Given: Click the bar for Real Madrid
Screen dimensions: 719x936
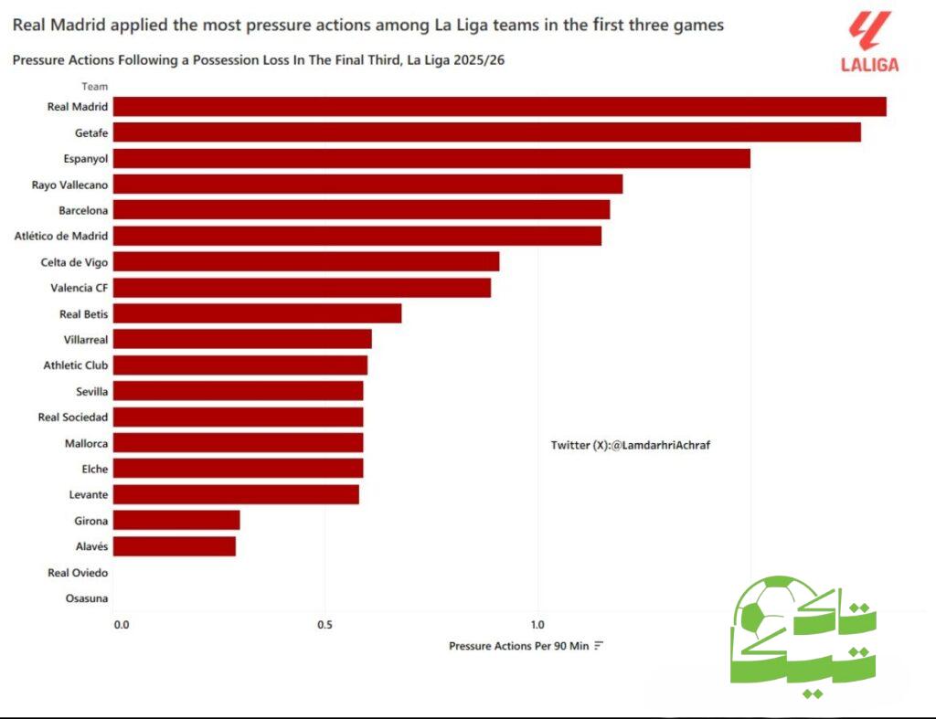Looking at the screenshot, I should click(499, 106).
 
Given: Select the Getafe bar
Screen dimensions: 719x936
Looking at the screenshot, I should click(486, 132).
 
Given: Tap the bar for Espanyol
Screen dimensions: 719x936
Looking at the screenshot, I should click(431, 158).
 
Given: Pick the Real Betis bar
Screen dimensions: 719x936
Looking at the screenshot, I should click(257, 313).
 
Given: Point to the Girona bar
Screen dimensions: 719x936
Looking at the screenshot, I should click(176, 521).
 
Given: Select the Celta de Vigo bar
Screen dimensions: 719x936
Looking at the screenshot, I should click(306, 262).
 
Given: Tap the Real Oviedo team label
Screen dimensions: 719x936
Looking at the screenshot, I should click(78, 573).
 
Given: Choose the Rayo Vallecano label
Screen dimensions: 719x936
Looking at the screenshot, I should click(69, 185).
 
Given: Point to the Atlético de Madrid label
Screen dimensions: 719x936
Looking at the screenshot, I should click(61, 236).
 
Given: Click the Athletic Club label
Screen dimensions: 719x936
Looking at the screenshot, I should click(76, 365).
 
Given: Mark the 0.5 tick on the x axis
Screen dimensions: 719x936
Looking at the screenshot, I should click(324, 625).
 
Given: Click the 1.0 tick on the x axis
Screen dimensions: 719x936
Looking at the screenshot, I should click(537, 625).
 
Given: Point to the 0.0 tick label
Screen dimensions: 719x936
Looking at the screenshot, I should click(121, 625).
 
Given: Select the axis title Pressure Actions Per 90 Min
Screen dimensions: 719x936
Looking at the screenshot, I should click(518, 646).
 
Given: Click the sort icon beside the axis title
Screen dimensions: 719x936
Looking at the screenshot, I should click(599, 646).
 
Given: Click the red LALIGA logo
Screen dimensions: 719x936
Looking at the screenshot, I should click(869, 42).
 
